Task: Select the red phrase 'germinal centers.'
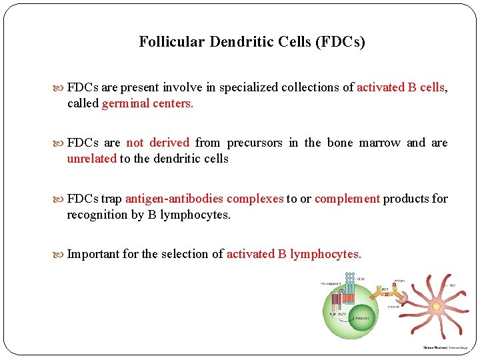(147, 103)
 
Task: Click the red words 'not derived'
(158, 143)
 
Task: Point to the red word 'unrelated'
(91, 159)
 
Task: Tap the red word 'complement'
(347, 199)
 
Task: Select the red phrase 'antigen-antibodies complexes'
(204, 199)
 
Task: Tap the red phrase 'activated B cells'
(401, 87)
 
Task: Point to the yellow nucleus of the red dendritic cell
(436, 306)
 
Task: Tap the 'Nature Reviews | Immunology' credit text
(447, 347)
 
